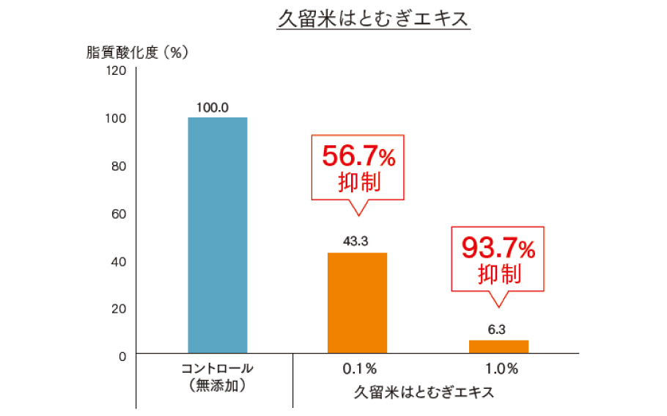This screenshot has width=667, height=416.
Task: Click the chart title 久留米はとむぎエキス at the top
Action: tap(373, 20)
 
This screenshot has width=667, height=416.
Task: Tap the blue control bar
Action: tap(218, 236)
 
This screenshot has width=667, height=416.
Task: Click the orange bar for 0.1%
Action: tap(357, 304)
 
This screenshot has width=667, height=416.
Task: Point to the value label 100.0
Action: tap(213, 107)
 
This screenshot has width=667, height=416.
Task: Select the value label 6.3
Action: tap(496, 329)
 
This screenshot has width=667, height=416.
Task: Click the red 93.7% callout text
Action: tap(498, 248)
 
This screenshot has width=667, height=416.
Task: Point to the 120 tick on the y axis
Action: tap(118, 71)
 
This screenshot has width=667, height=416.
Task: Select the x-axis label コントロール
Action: tap(216, 368)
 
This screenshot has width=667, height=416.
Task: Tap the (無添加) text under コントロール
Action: tap(216, 384)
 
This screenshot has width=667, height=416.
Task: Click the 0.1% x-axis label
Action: tap(359, 368)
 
